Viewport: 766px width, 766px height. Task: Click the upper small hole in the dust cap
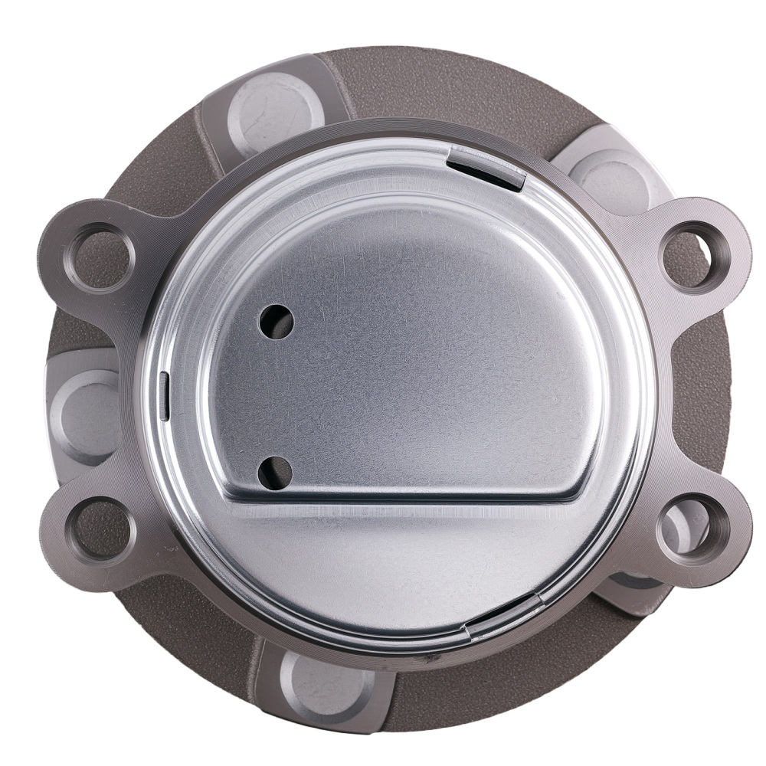coord(277,320)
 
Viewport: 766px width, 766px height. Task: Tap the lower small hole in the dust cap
coord(275,473)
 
